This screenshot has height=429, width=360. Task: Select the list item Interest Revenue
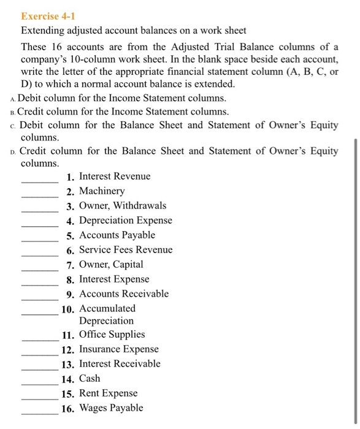pos(115,177)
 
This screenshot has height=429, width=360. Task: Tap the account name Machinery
pos(102,191)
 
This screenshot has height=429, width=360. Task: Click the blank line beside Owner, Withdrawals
pos(40,211)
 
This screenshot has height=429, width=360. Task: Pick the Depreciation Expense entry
pos(126,221)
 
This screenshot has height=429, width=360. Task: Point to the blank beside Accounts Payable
pos(40,240)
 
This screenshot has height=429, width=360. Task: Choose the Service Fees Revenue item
pos(126,250)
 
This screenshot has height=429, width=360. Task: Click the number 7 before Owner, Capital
pos(71,265)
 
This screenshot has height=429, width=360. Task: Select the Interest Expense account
pos(114,279)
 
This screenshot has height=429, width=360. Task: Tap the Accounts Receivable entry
pos(124,294)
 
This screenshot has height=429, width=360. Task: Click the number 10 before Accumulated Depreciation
pos(68,309)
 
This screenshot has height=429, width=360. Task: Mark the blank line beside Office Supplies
pos(40,340)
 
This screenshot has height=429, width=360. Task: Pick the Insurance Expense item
pos(119,349)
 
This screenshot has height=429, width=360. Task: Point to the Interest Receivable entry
pos(120,364)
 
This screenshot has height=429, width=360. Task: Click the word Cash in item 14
pos(90,379)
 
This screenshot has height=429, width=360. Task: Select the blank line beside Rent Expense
pos(40,398)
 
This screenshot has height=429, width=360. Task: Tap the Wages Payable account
pos(111,408)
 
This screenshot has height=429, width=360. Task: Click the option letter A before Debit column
pos(13,99)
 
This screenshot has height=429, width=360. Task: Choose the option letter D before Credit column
pos(13,152)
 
